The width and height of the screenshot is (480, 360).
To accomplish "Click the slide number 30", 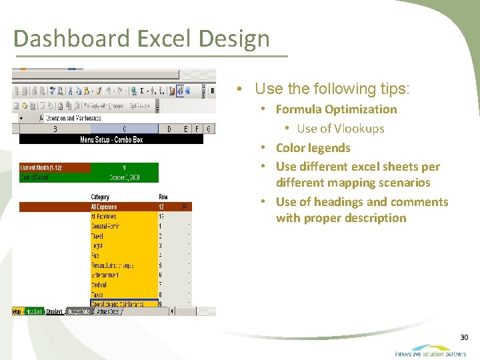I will coord(464,338).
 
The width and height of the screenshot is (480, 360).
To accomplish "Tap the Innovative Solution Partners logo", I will coord(430,351).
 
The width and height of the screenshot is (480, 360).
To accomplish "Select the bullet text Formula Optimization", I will coord(336,109).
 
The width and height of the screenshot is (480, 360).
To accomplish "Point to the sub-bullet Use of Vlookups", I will coord(340,129).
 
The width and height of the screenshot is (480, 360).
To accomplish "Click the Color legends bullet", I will coord(313,148).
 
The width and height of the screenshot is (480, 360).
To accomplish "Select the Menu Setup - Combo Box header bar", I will coord(111,139).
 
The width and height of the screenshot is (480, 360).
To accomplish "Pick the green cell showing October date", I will coord(125,178).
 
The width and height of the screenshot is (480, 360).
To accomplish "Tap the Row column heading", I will coord(163,197).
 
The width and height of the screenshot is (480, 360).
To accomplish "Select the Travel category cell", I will coord(99,236).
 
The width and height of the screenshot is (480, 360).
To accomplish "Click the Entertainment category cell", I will coord(105,275).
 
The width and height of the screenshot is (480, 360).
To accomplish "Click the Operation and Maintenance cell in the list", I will coord(117,303).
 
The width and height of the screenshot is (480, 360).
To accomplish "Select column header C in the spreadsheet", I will coord(124,129).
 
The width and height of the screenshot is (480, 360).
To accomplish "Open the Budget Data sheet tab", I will coord(79,311).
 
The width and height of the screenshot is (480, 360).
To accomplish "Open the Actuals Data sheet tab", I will coord(107,311).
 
